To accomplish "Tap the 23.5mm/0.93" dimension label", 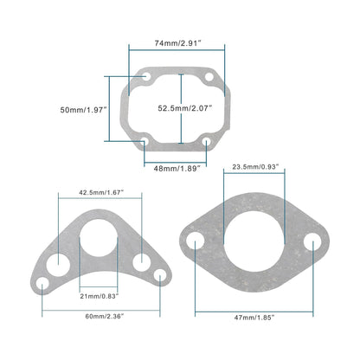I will [255, 165].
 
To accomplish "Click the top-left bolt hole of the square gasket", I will [146, 78].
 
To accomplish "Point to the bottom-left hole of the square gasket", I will [146, 142].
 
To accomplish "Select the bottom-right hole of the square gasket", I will [212, 142].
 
